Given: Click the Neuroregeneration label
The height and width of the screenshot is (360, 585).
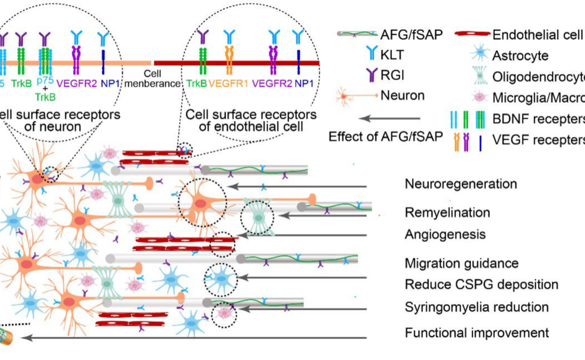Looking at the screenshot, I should click(x=461, y=184).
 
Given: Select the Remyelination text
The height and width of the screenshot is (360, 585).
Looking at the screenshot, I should click(x=447, y=212).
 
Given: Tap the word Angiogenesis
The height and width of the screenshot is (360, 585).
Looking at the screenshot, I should click(x=445, y=234).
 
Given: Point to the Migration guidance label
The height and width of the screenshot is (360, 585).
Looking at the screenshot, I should click(x=462, y=263).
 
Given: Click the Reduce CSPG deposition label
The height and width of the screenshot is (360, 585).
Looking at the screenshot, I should click(x=481, y=285).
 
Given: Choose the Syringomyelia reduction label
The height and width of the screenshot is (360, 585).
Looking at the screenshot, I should click(x=477, y=307).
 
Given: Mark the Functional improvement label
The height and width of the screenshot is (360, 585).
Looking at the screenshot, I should click(x=477, y=333).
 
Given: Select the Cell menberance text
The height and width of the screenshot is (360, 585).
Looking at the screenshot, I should click(x=152, y=79).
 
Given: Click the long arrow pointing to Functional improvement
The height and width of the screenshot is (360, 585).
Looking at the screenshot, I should click(x=210, y=337).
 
